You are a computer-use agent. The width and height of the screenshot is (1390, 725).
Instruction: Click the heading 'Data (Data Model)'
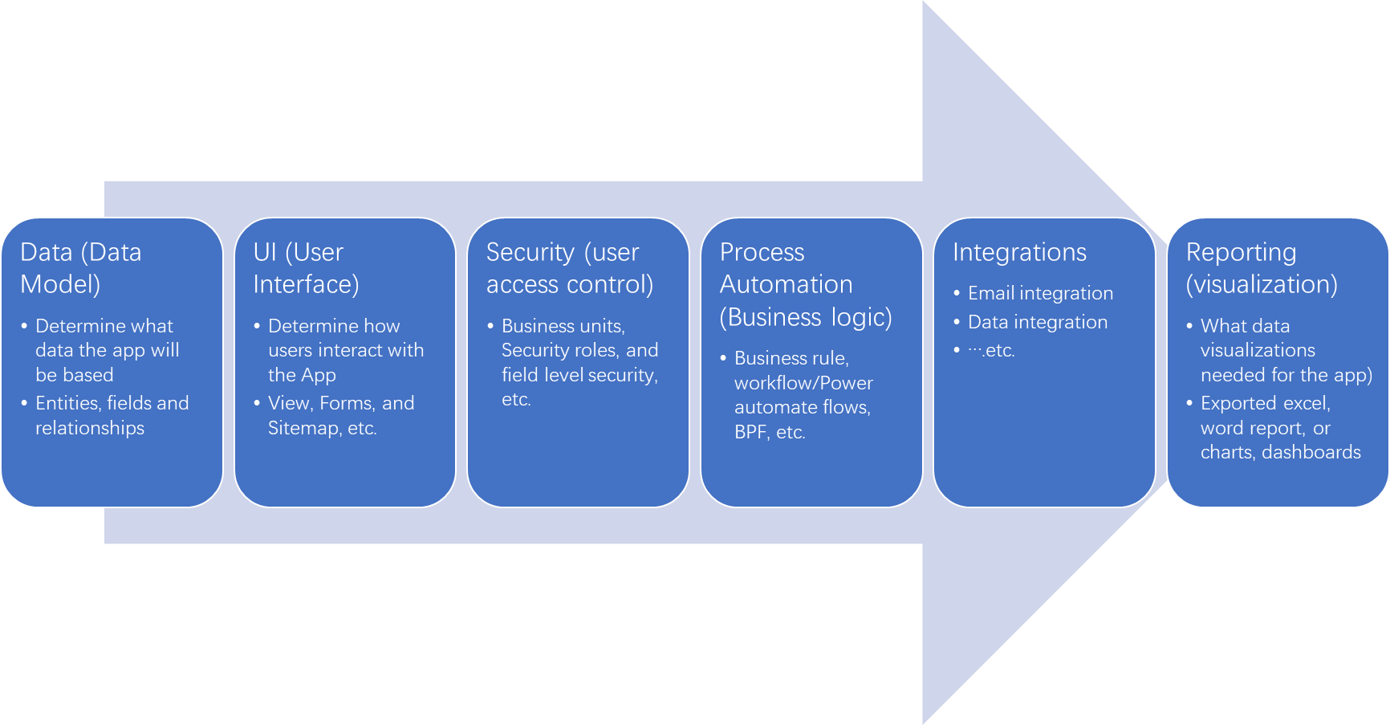tap(80, 268)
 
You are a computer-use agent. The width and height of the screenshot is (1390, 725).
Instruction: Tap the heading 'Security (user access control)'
tap(569, 268)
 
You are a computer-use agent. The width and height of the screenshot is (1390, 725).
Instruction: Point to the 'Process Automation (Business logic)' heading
tap(805, 284)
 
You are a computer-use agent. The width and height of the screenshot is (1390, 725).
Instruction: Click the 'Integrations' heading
tap(1019, 252)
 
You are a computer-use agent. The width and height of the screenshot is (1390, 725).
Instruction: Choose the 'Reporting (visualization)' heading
tap(1261, 268)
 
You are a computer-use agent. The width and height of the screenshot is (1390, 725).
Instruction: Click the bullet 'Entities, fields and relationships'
tap(112, 415)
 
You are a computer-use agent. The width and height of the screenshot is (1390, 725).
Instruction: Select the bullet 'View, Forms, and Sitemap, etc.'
tap(340, 415)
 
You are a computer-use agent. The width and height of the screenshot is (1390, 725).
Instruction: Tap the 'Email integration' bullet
tap(1040, 293)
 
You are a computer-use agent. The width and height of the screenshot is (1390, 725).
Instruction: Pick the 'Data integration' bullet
tap(1037, 322)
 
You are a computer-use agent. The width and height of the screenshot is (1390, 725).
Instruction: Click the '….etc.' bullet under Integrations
tap(991, 350)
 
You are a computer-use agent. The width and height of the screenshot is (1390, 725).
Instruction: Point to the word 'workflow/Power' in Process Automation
tap(803, 383)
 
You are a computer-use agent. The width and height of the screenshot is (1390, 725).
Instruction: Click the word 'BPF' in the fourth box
tap(751, 432)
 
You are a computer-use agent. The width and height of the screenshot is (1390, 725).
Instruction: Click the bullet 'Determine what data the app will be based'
tap(106, 350)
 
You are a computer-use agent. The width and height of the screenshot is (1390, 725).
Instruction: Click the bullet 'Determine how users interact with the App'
tap(345, 350)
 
